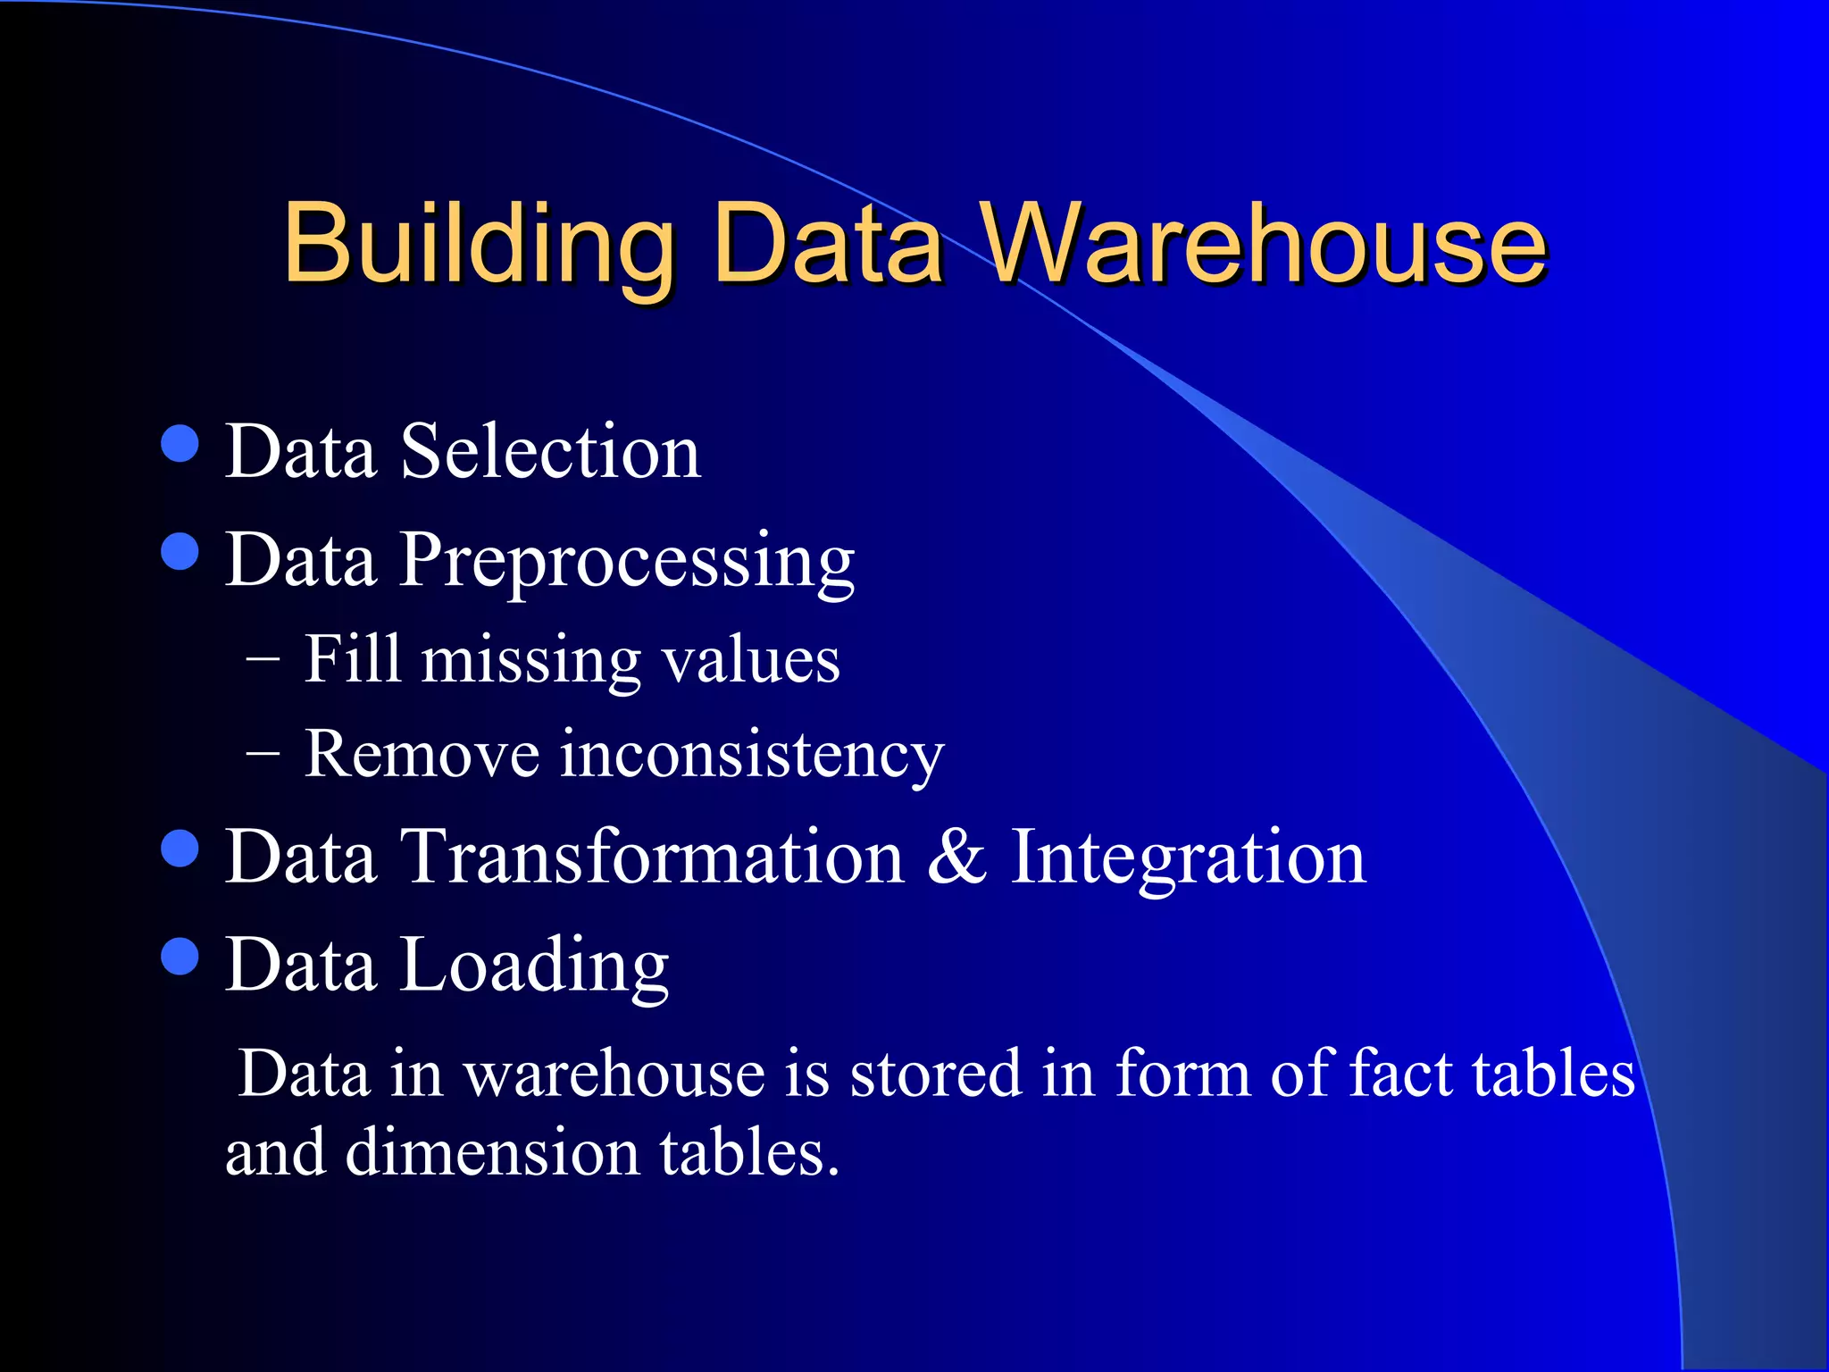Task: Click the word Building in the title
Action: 479,243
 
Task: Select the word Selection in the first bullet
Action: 550,452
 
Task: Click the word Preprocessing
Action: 627,561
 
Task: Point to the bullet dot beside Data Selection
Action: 180,443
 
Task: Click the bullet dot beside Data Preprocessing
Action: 180,551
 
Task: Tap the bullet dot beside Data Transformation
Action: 180,849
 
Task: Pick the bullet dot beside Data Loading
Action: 180,957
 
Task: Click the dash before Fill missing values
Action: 263,662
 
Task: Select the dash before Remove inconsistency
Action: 263,756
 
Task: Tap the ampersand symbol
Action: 957,857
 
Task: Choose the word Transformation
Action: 654,857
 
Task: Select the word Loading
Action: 534,966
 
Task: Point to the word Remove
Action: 422,756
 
